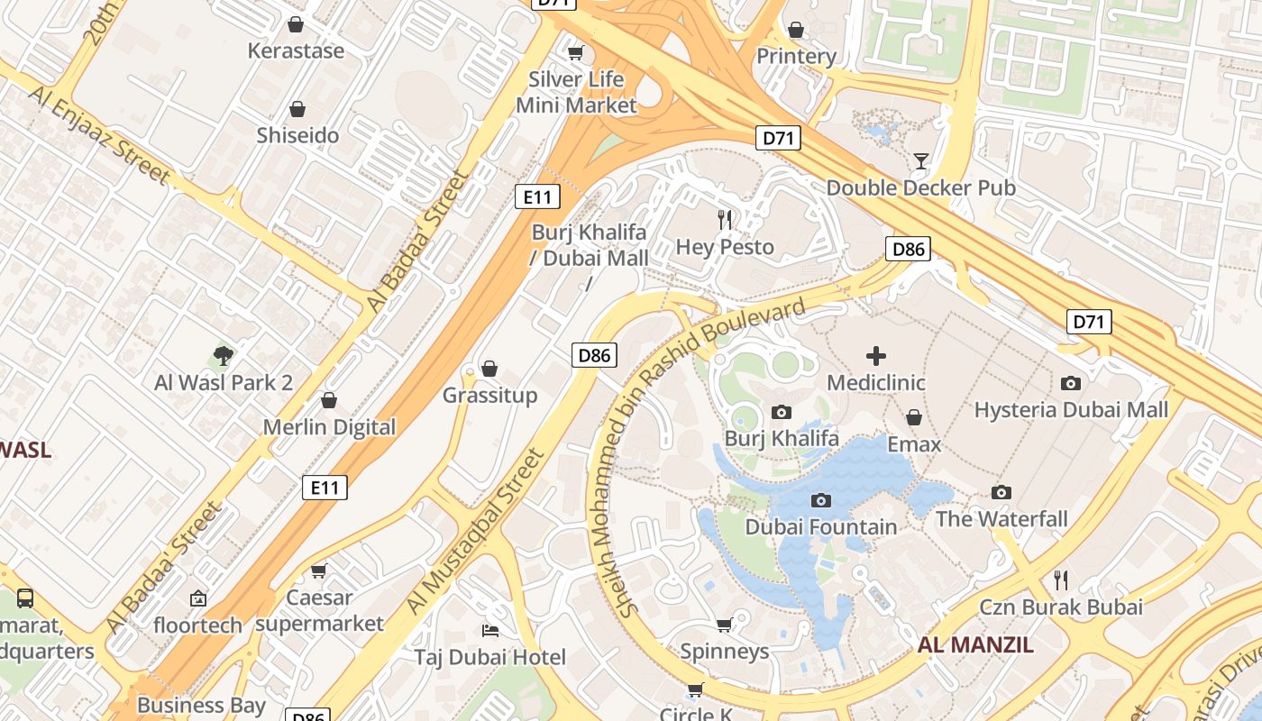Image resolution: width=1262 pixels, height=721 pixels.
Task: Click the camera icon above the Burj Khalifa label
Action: coord(782,413)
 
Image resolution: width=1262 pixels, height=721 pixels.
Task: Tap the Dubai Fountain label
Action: coord(820,527)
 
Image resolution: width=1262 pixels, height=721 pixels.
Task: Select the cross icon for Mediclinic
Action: coord(875,356)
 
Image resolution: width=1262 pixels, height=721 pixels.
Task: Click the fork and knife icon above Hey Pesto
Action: coord(724,219)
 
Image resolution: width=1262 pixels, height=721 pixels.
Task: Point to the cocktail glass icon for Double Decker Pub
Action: coord(920,161)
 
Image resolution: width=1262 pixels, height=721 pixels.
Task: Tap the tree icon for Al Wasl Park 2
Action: coord(224,356)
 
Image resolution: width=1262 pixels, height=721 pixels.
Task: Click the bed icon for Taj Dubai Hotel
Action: coord(490,630)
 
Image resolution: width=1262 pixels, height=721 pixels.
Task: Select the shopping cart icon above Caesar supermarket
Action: coord(318,570)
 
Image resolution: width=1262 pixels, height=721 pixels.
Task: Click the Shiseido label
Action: coord(297,136)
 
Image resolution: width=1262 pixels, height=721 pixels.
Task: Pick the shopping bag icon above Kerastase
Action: coord(295,24)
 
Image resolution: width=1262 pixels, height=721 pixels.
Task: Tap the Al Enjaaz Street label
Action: coord(99,135)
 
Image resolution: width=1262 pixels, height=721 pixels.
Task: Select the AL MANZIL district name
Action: coord(975,645)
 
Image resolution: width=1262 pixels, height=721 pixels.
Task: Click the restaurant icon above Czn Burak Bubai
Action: coord(1061,580)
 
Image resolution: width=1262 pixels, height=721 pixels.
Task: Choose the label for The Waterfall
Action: coord(1001,519)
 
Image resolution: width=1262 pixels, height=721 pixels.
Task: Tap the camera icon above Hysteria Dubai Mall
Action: coord(1071,384)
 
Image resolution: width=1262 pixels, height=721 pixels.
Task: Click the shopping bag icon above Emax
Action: coord(914,417)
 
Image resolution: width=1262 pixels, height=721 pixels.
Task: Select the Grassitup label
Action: coord(489,396)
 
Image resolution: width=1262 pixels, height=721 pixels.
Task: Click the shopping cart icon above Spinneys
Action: coord(724,625)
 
